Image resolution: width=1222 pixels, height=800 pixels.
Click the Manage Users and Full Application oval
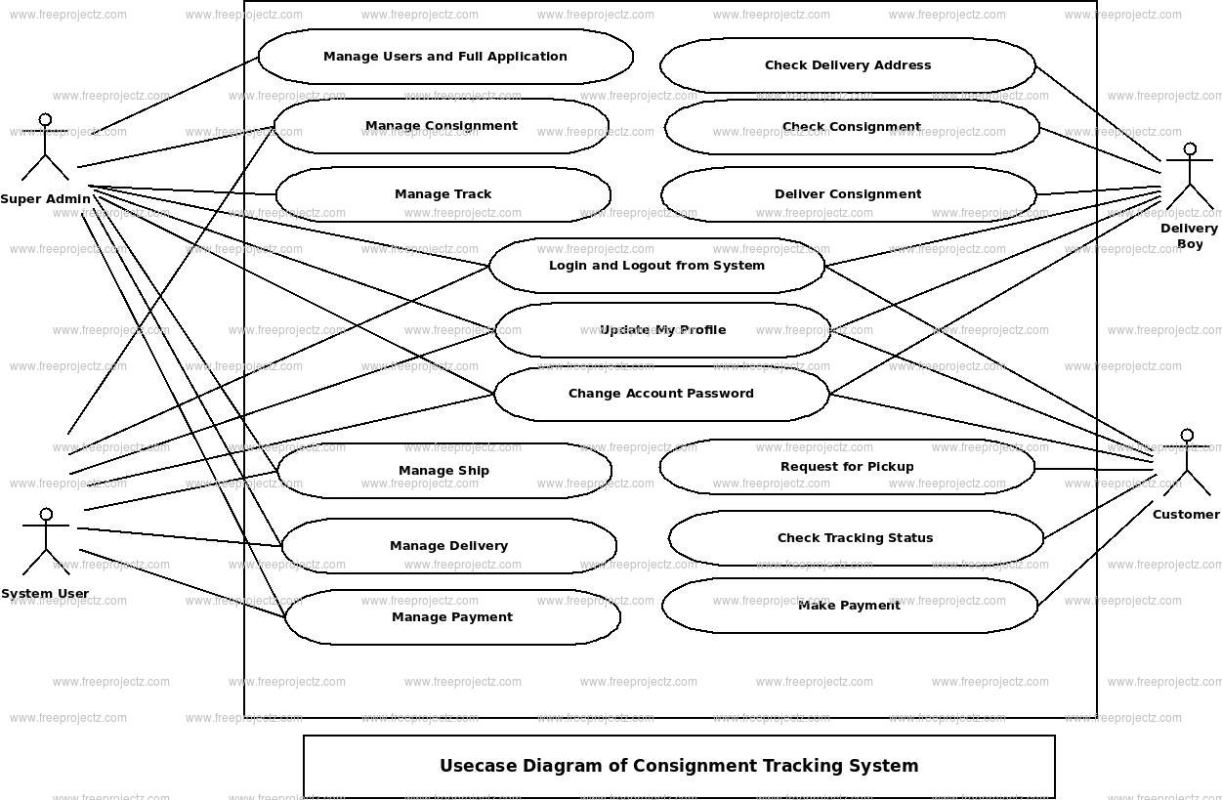coord(445,57)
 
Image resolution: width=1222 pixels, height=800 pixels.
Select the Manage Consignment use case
coord(442,126)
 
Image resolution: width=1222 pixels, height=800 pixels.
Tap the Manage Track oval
coord(443,194)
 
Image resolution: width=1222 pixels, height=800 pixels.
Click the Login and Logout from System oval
coord(656,266)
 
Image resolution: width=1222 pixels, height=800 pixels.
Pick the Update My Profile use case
coord(663,330)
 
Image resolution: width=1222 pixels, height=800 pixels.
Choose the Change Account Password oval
coord(661,394)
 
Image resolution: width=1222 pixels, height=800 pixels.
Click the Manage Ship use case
coord(444,471)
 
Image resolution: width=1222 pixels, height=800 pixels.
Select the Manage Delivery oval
coord(448,546)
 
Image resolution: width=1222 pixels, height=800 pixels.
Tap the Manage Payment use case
coord(452,617)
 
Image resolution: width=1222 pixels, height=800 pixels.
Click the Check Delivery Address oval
coord(848,65)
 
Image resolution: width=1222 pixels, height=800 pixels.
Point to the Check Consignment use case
coord(852,127)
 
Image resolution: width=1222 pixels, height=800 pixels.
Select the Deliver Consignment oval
coord(848,194)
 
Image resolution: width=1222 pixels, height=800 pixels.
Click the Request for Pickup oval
coord(847,467)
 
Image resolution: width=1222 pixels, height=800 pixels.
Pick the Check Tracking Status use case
coord(856,538)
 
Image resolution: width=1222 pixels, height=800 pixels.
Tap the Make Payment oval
coord(850,606)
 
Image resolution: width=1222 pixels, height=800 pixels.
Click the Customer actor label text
coord(1186,515)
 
